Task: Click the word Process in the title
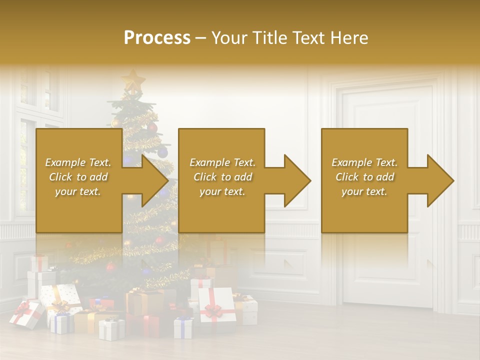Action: (157, 38)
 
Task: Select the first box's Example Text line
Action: (78, 162)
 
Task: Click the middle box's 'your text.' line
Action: (222, 191)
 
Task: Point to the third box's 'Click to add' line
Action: (365, 177)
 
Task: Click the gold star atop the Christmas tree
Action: (133, 79)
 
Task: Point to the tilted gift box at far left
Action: (26, 314)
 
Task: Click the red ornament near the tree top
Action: (152, 128)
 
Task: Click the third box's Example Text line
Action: (364, 162)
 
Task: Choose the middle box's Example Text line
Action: (222, 162)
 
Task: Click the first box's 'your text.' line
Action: (78, 191)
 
